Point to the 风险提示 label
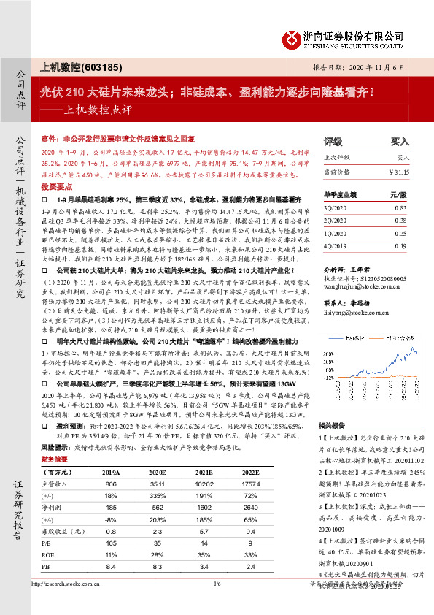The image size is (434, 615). (x=53, y=444)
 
